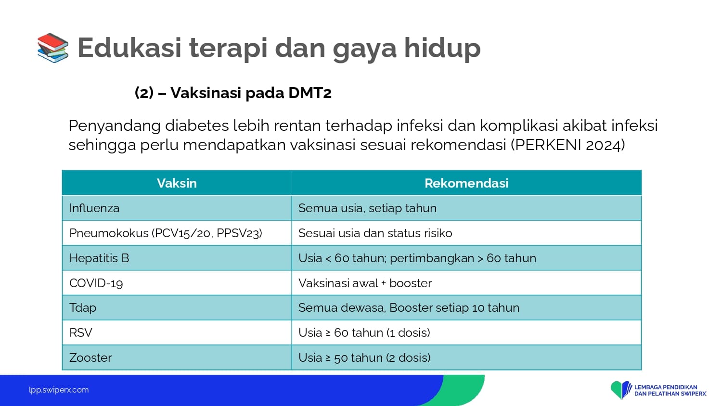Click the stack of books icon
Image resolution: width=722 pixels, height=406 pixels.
click(53, 48)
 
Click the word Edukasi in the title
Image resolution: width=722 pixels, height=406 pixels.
click(129, 48)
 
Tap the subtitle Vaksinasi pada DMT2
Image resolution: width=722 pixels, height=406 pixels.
click(251, 93)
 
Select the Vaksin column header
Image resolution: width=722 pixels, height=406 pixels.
click(177, 183)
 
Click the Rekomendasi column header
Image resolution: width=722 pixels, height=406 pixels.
click(466, 183)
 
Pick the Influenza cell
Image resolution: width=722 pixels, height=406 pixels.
click(177, 208)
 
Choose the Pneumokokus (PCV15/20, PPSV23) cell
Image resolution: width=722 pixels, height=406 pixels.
click(177, 233)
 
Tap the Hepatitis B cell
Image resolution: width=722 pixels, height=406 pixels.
click(177, 258)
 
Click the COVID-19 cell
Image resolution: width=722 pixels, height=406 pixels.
click(177, 282)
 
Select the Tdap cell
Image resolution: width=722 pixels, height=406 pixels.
click(177, 307)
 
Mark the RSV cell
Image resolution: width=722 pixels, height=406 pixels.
click(177, 332)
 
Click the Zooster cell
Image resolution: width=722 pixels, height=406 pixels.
click(177, 357)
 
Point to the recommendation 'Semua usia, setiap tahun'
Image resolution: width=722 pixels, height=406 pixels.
click(367, 208)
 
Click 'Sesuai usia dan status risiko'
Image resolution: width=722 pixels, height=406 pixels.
click(375, 233)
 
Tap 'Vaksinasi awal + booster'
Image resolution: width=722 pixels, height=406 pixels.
click(365, 283)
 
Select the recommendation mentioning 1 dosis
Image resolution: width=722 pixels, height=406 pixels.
click(364, 332)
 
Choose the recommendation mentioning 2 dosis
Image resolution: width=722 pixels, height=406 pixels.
click(364, 358)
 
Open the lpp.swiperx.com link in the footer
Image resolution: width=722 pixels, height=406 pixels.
click(59, 390)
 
